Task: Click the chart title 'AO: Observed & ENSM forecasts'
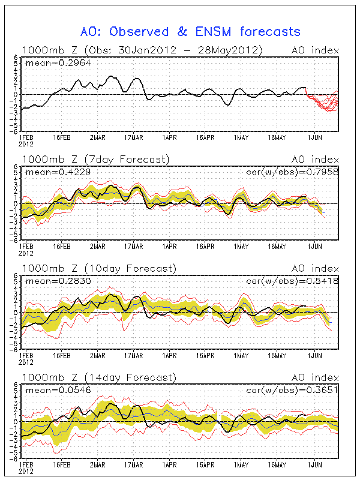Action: (x=190, y=31)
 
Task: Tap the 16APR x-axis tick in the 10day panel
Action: (x=205, y=355)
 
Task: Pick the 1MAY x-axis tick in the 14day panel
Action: (x=241, y=464)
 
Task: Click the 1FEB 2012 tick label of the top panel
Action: (x=26, y=139)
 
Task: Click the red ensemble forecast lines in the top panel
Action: (x=324, y=102)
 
